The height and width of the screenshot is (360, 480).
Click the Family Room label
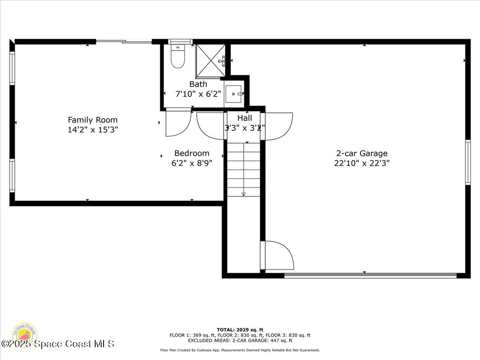[x=92, y=120]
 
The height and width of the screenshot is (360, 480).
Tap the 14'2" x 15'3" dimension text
[x=92, y=130]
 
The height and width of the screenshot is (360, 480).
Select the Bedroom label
[x=192, y=153]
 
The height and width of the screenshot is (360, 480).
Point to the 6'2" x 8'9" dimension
[x=192, y=163]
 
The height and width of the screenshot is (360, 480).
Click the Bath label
[x=198, y=84]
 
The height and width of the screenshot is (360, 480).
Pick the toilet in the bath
[x=178, y=57]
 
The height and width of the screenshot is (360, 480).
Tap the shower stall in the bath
[x=210, y=60]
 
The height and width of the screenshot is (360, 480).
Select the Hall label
[x=244, y=118]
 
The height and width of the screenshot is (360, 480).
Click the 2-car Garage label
[x=361, y=153]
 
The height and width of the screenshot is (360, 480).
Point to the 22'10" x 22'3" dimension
[x=361, y=163]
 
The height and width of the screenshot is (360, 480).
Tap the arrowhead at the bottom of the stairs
[x=243, y=194]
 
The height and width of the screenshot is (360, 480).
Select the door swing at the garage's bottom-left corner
[x=278, y=256]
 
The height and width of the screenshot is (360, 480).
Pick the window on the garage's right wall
[x=467, y=162]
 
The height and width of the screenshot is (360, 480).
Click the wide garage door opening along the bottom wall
[x=370, y=276]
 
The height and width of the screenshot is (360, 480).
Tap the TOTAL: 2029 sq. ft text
[x=240, y=330]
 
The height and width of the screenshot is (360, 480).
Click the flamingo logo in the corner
[x=24, y=334]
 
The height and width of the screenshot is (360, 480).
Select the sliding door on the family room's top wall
[x=124, y=42]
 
